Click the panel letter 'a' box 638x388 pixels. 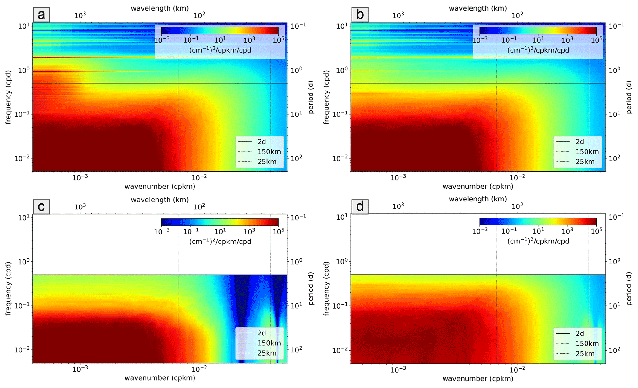41,15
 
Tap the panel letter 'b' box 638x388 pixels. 360,15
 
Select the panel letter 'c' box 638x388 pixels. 41,206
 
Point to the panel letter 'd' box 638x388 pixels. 360,206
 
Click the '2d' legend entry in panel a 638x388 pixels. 261,141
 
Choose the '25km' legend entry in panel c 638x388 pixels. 267,353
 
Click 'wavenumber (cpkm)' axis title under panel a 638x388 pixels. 160,187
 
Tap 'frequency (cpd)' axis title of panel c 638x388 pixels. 8,289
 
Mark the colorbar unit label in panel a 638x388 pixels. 220,50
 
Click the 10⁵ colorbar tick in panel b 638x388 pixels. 596,40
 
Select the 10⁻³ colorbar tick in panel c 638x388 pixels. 161,231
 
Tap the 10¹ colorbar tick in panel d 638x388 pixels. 538,231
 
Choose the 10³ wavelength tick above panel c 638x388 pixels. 80,207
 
